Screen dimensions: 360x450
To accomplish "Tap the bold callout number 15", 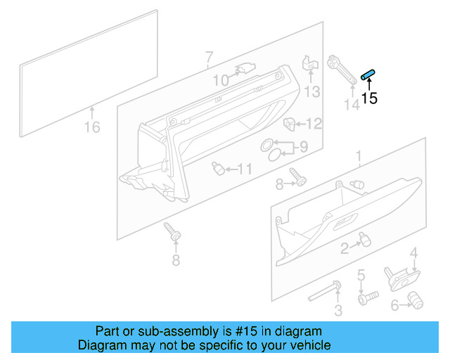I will (x=369, y=99).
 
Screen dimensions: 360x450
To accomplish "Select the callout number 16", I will (x=92, y=127).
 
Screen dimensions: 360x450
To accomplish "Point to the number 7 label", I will (x=209, y=57).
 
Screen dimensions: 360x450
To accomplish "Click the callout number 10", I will (x=221, y=81).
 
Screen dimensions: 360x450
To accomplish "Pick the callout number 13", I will (x=311, y=91).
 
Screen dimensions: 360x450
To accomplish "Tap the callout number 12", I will (x=313, y=124).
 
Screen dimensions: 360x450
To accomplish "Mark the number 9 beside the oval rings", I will (x=304, y=148).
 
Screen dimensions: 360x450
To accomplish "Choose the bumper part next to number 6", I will (x=416, y=302).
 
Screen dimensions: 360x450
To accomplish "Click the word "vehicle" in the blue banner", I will (x=307, y=345).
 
